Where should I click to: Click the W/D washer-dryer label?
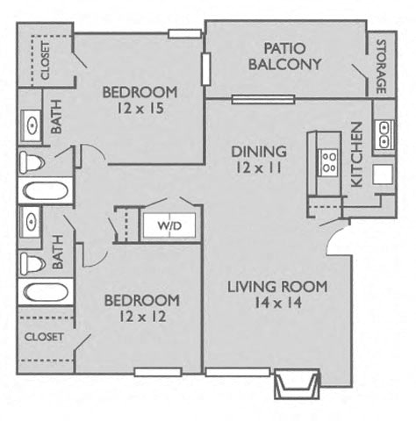[x=169, y=225]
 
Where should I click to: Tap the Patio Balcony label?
[x=284, y=56]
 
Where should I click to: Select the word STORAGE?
[x=381, y=67]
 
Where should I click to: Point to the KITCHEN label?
[x=356, y=154]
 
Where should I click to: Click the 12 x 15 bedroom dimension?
[x=140, y=108]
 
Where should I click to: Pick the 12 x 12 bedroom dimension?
[x=142, y=317]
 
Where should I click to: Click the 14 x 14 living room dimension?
[x=277, y=303]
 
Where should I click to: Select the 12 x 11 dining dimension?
[x=259, y=168]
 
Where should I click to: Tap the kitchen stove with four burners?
[x=328, y=162]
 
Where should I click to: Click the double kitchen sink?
[x=384, y=135]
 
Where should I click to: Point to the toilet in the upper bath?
[x=32, y=162]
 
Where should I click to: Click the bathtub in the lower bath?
[x=46, y=292]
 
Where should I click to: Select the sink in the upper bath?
[x=32, y=126]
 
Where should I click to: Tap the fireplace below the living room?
[x=297, y=383]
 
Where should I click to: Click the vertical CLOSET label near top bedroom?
[x=46, y=61]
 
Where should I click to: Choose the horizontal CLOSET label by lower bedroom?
[x=44, y=337]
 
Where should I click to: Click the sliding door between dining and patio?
[x=263, y=99]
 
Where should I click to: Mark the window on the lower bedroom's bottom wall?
[x=158, y=372]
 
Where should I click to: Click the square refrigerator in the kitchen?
[x=383, y=175]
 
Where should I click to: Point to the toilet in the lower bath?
[x=32, y=264]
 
